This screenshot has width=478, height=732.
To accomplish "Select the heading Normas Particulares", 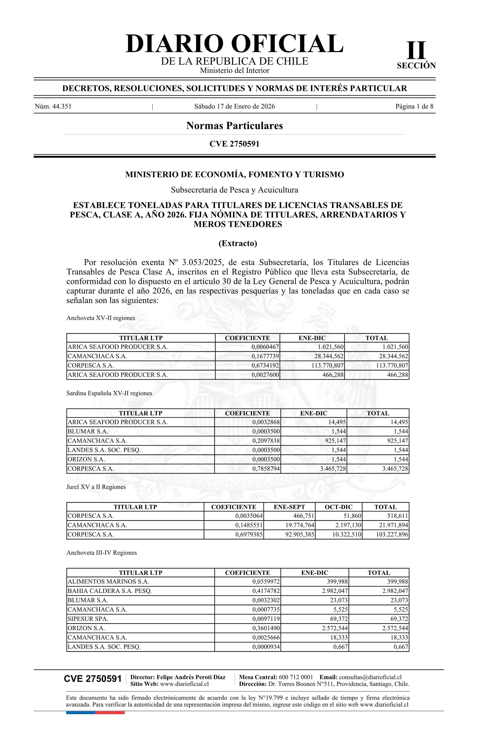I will [234, 126].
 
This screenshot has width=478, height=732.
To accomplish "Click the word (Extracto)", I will [238, 243].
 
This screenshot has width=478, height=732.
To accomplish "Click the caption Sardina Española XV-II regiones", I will [109, 393].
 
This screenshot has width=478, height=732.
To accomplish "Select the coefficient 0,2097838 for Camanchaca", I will [266, 441].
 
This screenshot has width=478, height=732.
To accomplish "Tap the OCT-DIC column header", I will [339, 507].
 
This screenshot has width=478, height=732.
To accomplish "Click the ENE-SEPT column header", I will [289, 507].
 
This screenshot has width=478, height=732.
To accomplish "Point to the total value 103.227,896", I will [392, 535].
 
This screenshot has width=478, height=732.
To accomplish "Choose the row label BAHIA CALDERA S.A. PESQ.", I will [110, 591].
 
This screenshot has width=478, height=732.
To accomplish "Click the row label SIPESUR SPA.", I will [88, 619].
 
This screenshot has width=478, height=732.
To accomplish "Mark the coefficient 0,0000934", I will [266, 647].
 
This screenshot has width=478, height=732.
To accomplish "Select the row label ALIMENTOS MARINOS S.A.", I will [108, 582].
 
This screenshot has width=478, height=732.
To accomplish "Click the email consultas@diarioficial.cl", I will [370, 677].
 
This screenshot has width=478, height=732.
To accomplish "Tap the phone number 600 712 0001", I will [296, 677].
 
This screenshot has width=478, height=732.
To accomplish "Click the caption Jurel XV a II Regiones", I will [96, 487].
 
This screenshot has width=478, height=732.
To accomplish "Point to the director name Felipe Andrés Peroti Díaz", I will [191, 677].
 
